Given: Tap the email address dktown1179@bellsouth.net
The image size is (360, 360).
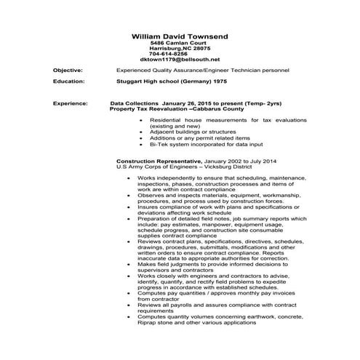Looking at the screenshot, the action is click(180, 60).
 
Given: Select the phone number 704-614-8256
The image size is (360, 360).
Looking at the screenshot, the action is click(168, 54).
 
